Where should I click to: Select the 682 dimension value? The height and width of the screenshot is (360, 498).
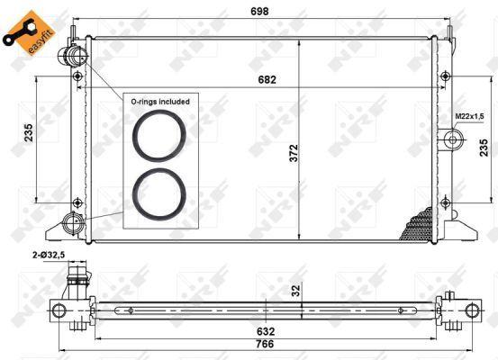point(264,80)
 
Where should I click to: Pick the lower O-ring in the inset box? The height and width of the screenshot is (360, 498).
point(159,191)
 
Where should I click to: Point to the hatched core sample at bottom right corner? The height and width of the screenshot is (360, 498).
point(420,224)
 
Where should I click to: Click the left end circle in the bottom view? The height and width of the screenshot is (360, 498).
point(59,311)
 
